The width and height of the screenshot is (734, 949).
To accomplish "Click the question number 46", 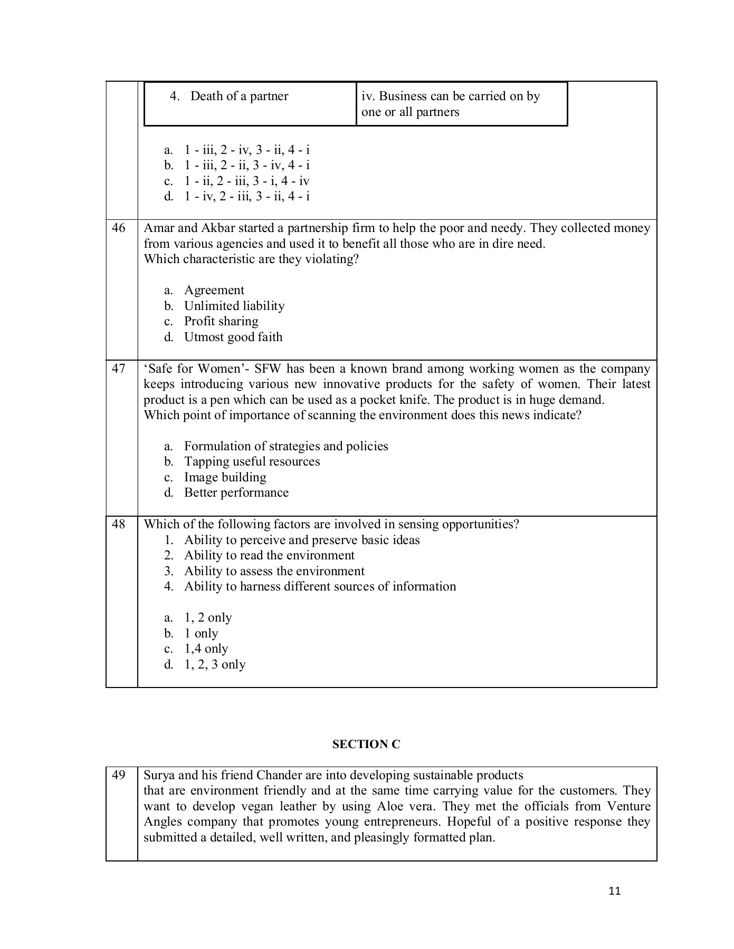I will click(119, 228).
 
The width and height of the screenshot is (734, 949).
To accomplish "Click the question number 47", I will click(119, 369).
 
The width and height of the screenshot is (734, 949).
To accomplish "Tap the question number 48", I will click(119, 525).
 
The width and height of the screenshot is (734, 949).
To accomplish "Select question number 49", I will click(119, 776).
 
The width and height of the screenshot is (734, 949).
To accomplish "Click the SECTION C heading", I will click(366, 744).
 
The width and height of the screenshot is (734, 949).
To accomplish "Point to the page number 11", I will click(614, 892).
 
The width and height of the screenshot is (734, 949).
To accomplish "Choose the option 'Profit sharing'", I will click(221, 322).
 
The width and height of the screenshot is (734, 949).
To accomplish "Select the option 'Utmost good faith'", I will click(233, 337).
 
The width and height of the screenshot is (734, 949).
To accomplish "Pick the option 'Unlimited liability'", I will click(234, 306).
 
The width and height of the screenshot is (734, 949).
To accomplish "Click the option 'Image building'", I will click(225, 478).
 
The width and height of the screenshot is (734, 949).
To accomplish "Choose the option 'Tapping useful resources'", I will click(252, 462).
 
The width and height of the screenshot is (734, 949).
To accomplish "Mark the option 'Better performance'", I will click(236, 493).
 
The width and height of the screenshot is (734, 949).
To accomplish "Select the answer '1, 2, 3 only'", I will click(214, 665).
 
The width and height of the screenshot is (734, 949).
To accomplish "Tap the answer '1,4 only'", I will click(206, 649).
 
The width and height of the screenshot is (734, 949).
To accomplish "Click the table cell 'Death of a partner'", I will click(239, 96).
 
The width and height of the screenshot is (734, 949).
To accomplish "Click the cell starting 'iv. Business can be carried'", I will click(450, 104).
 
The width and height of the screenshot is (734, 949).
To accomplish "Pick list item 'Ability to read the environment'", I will click(269, 556).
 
